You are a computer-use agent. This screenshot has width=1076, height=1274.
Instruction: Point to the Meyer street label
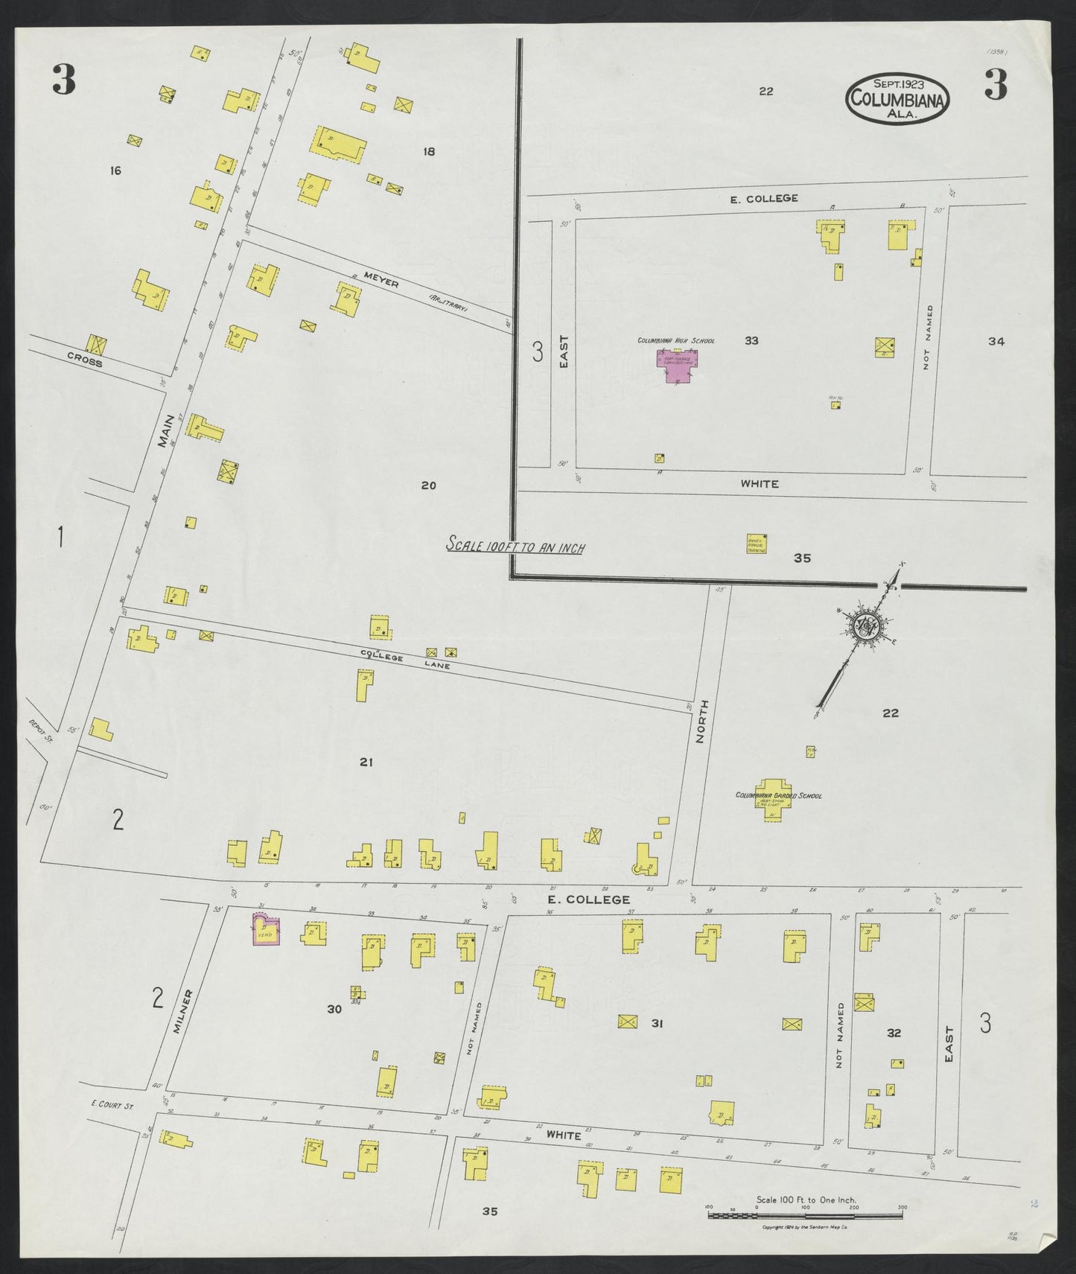381,283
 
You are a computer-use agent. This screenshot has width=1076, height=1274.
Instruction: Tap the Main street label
165,430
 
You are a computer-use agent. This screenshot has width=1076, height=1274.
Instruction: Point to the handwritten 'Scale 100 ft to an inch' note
515,546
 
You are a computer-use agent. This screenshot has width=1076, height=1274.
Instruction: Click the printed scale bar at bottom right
806,1215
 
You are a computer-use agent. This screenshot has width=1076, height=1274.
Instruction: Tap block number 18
428,152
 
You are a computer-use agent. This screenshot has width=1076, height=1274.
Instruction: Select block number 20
428,485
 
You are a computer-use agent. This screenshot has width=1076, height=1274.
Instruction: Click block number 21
366,762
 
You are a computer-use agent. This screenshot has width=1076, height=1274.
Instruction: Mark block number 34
996,341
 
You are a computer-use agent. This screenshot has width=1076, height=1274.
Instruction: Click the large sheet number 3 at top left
64,80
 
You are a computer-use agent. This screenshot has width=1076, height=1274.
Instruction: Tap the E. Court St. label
111,1106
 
